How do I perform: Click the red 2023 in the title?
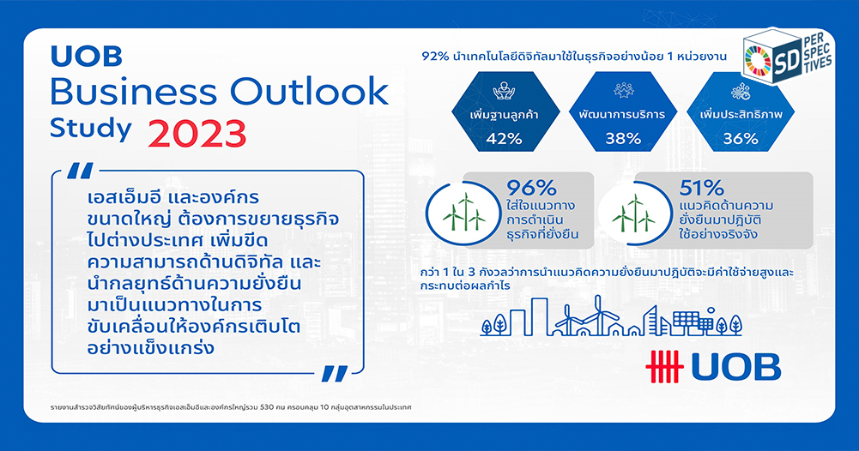click(197, 133)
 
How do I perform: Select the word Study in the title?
click(90, 129)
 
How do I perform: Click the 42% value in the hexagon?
click(504, 139)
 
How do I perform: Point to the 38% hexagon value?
click(623, 139)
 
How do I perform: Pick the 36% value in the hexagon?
click(741, 139)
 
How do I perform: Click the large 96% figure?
click(531, 189)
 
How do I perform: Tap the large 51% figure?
click(701, 189)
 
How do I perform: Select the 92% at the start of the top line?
click(436, 57)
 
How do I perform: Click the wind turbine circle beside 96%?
click(464, 213)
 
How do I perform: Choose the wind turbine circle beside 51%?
click(634, 213)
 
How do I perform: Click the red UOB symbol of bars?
click(664, 366)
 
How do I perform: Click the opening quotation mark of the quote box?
click(80, 171)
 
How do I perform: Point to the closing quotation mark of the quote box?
click(334, 374)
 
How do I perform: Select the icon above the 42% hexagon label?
click(504, 91)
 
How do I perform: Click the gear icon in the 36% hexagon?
click(741, 92)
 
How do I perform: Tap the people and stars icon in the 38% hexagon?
click(623, 91)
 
